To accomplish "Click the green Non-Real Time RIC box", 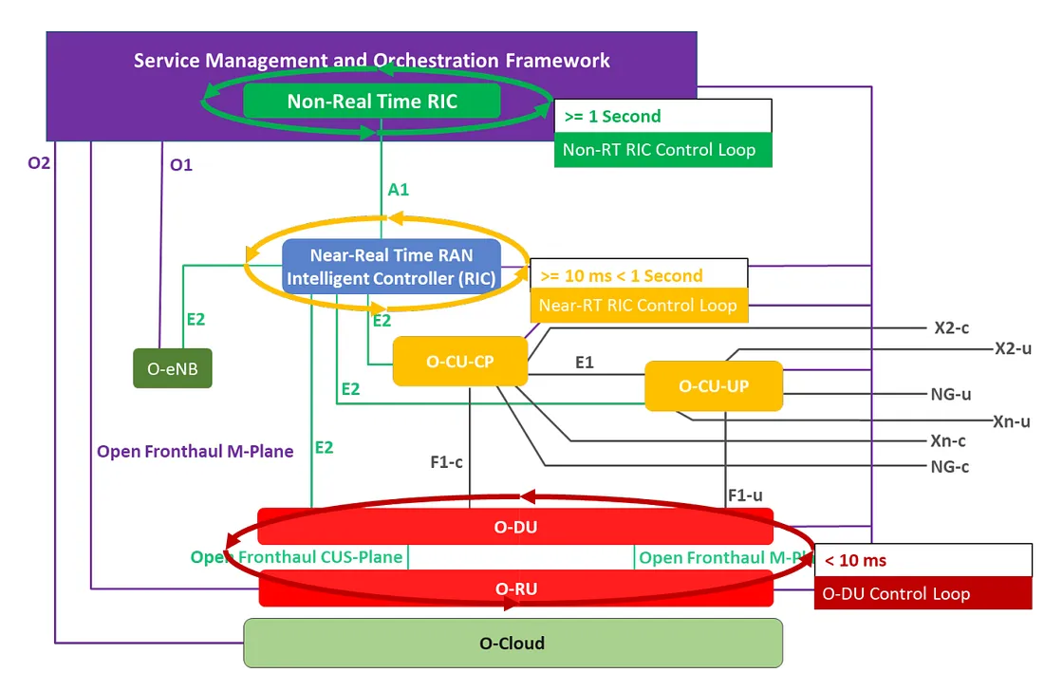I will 371,101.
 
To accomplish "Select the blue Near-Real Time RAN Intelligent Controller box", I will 391,266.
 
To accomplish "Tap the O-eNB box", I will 172,368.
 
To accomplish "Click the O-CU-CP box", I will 459,361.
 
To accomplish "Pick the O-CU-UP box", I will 714,385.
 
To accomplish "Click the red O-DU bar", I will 515,527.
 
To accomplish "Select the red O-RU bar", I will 515,588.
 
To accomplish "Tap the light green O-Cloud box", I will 513,643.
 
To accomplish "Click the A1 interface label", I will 399,189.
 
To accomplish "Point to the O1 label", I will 180,164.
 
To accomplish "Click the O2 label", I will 39,162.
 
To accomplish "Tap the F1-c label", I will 446,463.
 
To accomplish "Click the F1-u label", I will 745,495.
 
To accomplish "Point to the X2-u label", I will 1013,348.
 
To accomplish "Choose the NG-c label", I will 949,466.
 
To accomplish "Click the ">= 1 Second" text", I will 612,116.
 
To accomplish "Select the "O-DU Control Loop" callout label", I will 896,594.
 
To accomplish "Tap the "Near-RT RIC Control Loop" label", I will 638,305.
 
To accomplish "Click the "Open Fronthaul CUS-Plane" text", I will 296,557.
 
